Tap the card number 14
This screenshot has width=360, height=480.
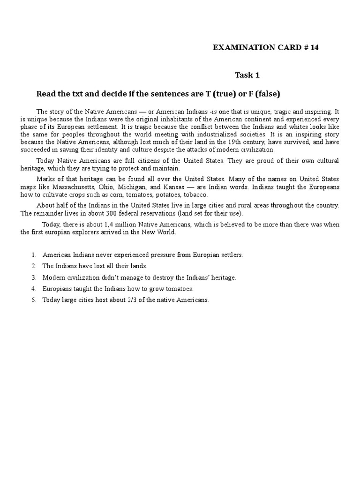click(314, 48)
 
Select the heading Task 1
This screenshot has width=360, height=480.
click(247, 75)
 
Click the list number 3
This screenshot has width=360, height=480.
click(34, 277)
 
